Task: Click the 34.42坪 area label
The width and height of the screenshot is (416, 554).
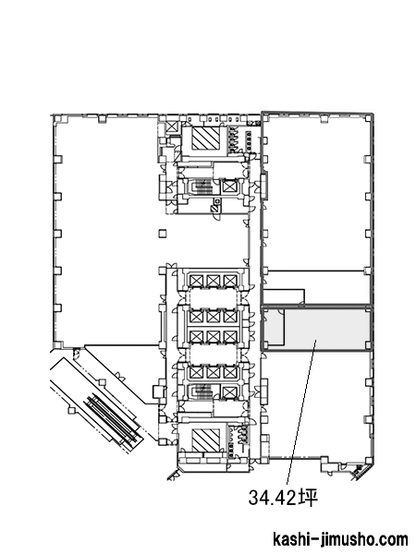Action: [x=283, y=497]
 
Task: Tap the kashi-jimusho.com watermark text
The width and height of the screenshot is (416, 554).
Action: [x=340, y=540]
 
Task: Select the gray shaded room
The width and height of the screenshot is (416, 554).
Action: [x=327, y=328]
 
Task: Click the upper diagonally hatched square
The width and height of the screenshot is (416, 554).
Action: [x=205, y=138]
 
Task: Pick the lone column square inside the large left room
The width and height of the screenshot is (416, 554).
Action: [x=163, y=234]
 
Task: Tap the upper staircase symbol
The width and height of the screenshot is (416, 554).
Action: [x=201, y=187]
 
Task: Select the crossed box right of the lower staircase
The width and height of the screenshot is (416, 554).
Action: [x=229, y=391]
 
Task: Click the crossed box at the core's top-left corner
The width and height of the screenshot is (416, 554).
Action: [x=172, y=126]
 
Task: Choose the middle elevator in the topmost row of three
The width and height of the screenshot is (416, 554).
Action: [x=214, y=282]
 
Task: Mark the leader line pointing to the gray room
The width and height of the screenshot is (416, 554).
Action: [x=301, y=412]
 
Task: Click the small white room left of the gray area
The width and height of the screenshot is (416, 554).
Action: [x=275, y=327]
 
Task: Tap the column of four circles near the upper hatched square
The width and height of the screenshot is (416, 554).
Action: [x=249, y=141]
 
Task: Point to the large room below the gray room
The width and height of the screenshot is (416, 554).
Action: [x=317, y=403]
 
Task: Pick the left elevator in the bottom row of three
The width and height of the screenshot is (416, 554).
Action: [x=196, y=372]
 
